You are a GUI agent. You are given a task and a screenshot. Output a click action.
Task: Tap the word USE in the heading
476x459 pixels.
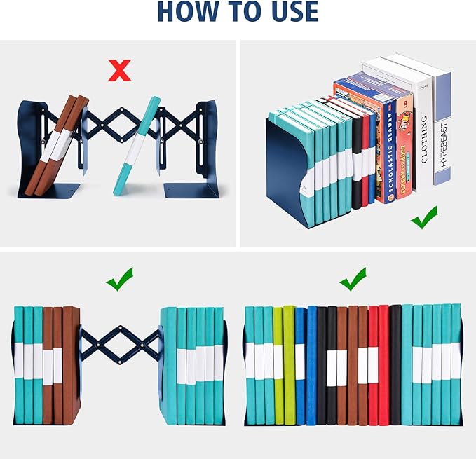(287, 12)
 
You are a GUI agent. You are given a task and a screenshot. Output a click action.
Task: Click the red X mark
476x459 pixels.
(121, 70)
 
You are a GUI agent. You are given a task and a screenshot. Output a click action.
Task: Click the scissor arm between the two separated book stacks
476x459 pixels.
(120, 343)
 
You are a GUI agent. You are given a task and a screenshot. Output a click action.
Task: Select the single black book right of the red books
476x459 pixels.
(395, 364)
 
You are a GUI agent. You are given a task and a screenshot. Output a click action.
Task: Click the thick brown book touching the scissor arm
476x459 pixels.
(72, 364)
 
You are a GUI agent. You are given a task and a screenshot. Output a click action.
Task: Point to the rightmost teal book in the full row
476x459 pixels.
(456, 364)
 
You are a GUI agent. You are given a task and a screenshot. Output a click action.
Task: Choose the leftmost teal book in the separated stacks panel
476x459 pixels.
(19, 364)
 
